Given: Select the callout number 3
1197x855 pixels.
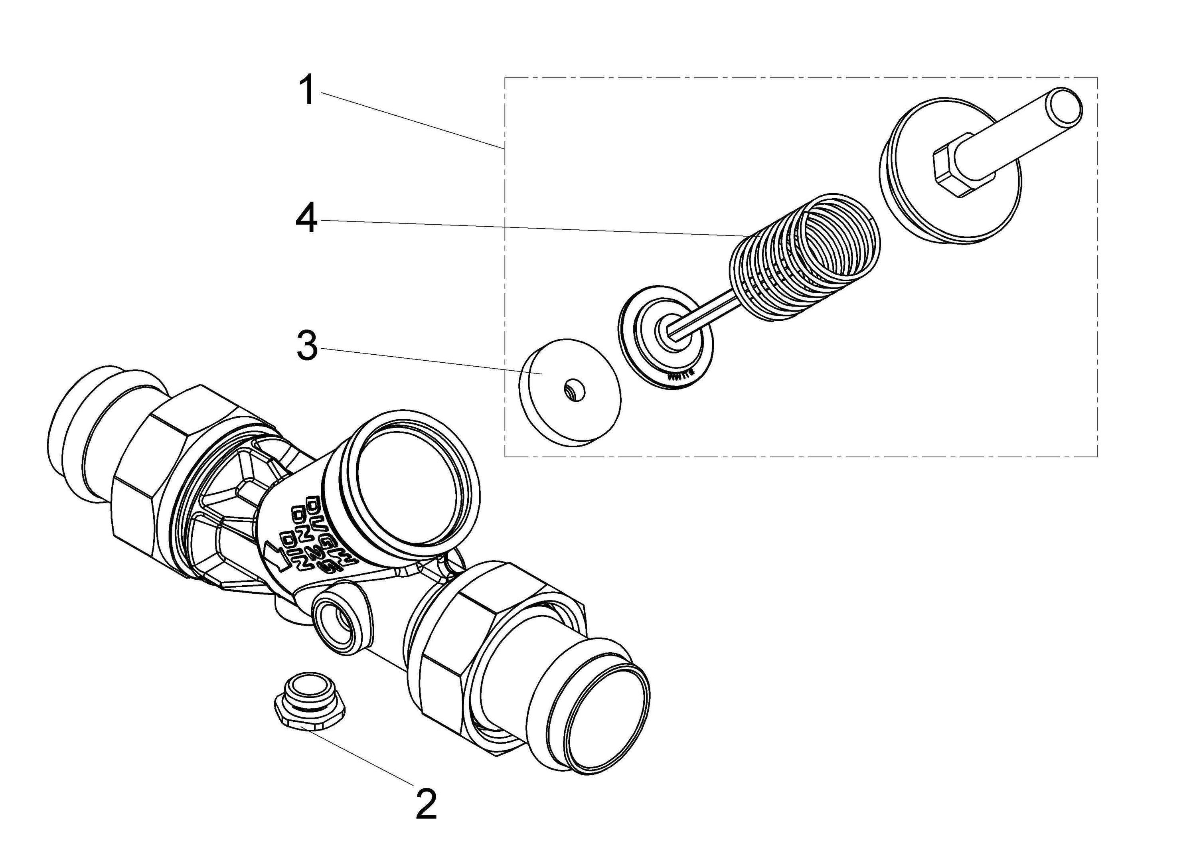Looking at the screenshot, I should tap(307, 346).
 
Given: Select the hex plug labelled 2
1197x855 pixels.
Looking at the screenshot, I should tap(310, 704).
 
